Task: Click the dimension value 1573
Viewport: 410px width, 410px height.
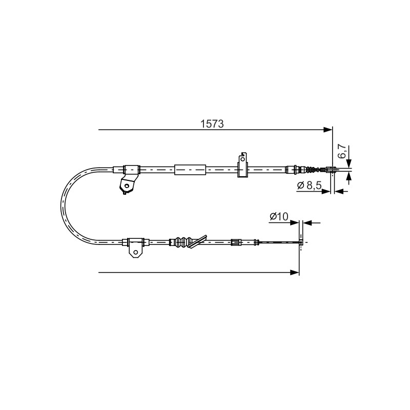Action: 212,124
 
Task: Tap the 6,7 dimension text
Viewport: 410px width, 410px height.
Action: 342,152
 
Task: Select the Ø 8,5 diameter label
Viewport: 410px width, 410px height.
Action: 310,186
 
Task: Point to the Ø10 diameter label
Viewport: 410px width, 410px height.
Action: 279,216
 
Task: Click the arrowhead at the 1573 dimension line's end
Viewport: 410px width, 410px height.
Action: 328,130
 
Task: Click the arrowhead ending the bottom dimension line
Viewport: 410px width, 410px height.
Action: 295,273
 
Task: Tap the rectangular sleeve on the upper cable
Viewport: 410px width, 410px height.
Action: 190,170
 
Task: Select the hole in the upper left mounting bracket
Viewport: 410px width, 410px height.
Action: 127,186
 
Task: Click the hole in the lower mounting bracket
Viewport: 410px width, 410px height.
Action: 135,252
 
